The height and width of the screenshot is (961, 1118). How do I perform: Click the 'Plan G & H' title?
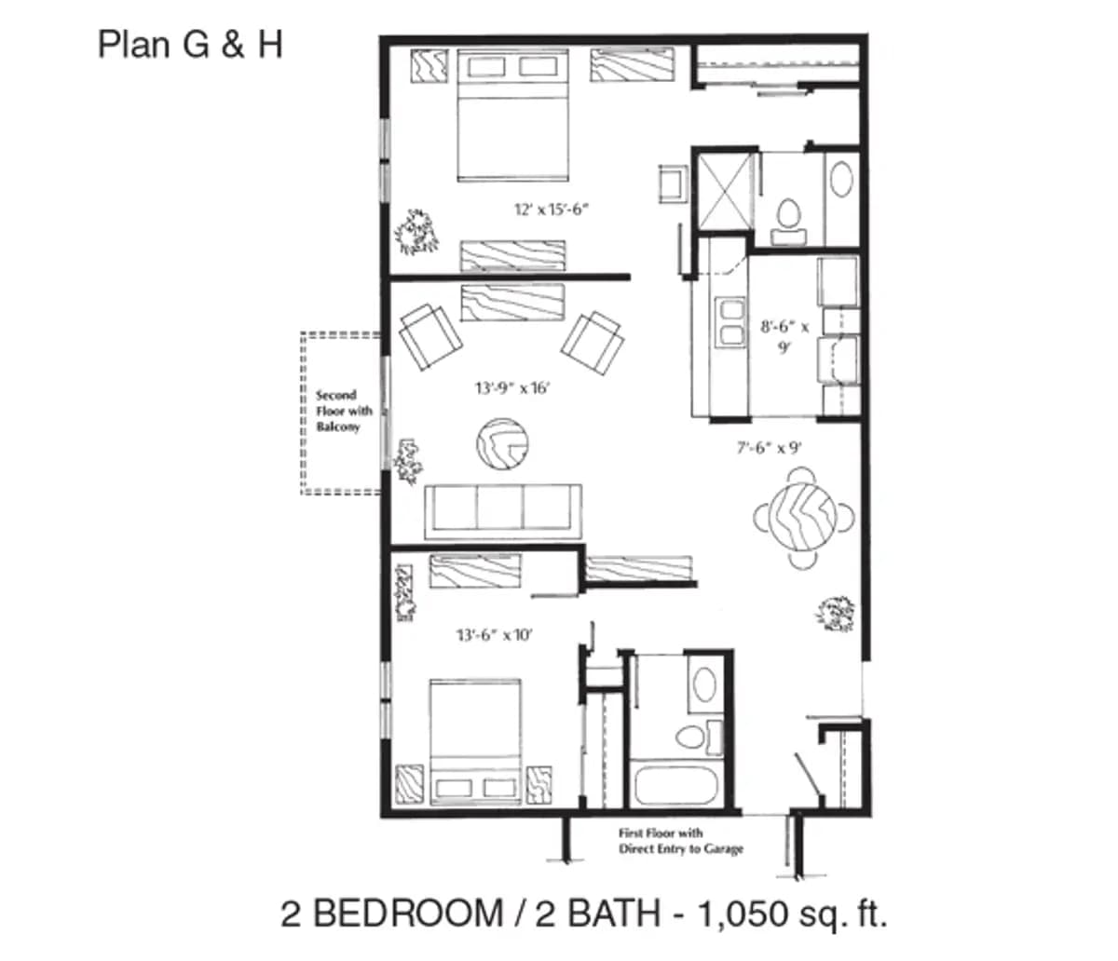click(x=190, y=45)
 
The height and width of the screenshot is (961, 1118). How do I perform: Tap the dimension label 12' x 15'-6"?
click(x=552, y=210)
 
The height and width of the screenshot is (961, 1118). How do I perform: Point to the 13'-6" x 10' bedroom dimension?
click(x=494, y=635)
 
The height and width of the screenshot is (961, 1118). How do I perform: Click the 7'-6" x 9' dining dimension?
click(x=770, y=447)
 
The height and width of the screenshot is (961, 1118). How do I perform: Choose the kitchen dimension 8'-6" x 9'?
click(x=784, y=336)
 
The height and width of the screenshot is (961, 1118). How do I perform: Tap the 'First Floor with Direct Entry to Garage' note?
click(x=680, y=841)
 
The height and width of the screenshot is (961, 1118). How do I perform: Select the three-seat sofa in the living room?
click(x=502, y=510)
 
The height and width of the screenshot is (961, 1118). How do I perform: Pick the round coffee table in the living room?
click(x=502, y=446)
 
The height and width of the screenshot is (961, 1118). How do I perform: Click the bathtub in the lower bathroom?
click(x=678, y=784)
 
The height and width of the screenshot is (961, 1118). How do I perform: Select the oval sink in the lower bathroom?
click(x=703, y=686)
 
